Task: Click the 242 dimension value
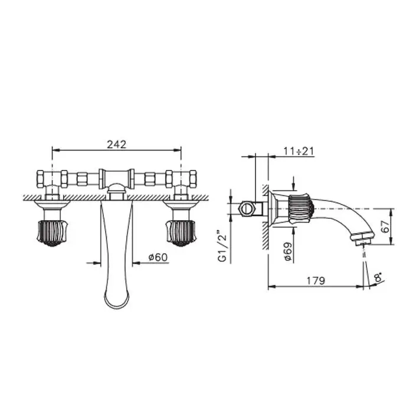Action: point(116,145)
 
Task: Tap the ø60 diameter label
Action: point(158,257)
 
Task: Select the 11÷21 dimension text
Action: point(299,152)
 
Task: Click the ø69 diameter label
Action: point(288,251)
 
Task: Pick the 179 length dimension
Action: point(316,281)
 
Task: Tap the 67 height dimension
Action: point(386,226)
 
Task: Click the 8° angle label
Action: point(379,277)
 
